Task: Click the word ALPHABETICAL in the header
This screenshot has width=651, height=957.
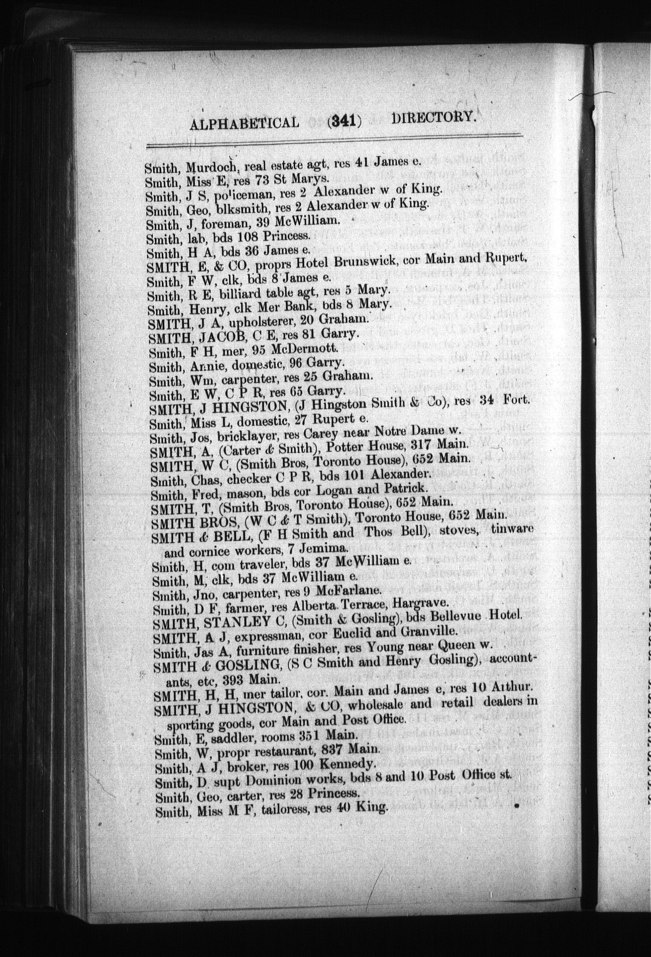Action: [x=245, y=123]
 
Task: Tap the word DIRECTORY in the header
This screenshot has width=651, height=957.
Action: [x=433, y=117]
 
